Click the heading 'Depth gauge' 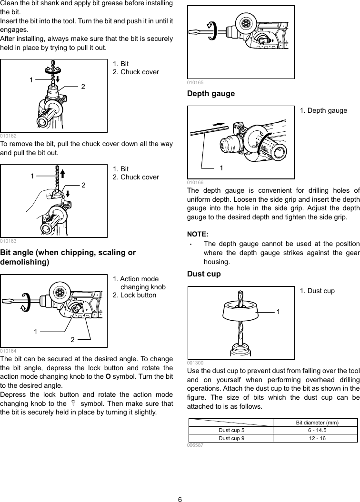[x=211, y=94]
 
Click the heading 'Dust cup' [x=204, y=274]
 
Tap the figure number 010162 [x=8, y=136]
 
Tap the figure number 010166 [x=195, y=182]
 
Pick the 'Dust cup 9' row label [x=231, y=438]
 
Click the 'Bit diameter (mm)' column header [x=317, y=423]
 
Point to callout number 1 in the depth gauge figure [x=221, y=168]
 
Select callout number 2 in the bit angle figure [x=73, y=339]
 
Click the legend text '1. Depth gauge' [x=323, y=110]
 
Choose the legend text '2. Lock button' [x=134, y=295]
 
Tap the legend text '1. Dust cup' [x=317, y=291]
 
